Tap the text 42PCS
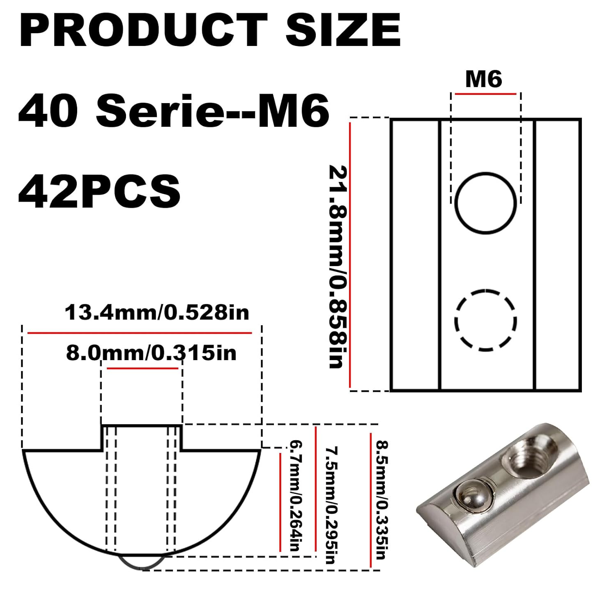(x=99, y=191)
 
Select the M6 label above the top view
(x=483, y=79)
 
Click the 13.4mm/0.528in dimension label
(x=157, y=313)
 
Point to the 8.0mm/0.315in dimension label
(x=151, y=353)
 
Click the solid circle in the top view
(x=486, y=203)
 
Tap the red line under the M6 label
(x=485, y=94)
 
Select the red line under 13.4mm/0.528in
(x=139, y=333)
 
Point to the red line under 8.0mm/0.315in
(x=143, y=369)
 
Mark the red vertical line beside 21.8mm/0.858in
(x=350, y=255)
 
